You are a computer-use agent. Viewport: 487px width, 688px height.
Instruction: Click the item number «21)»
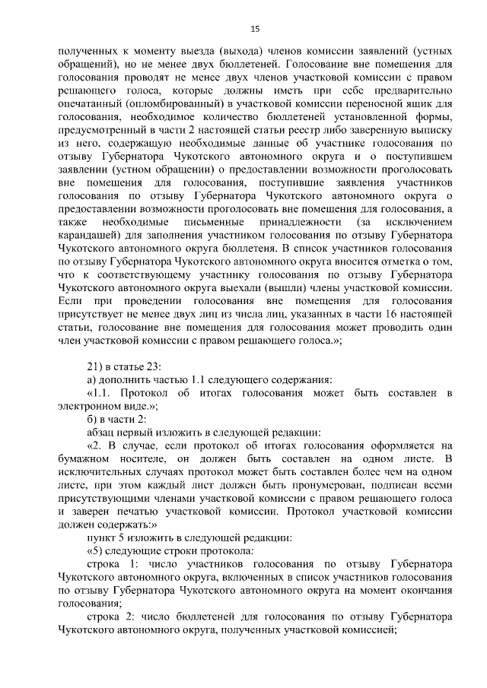96,366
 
